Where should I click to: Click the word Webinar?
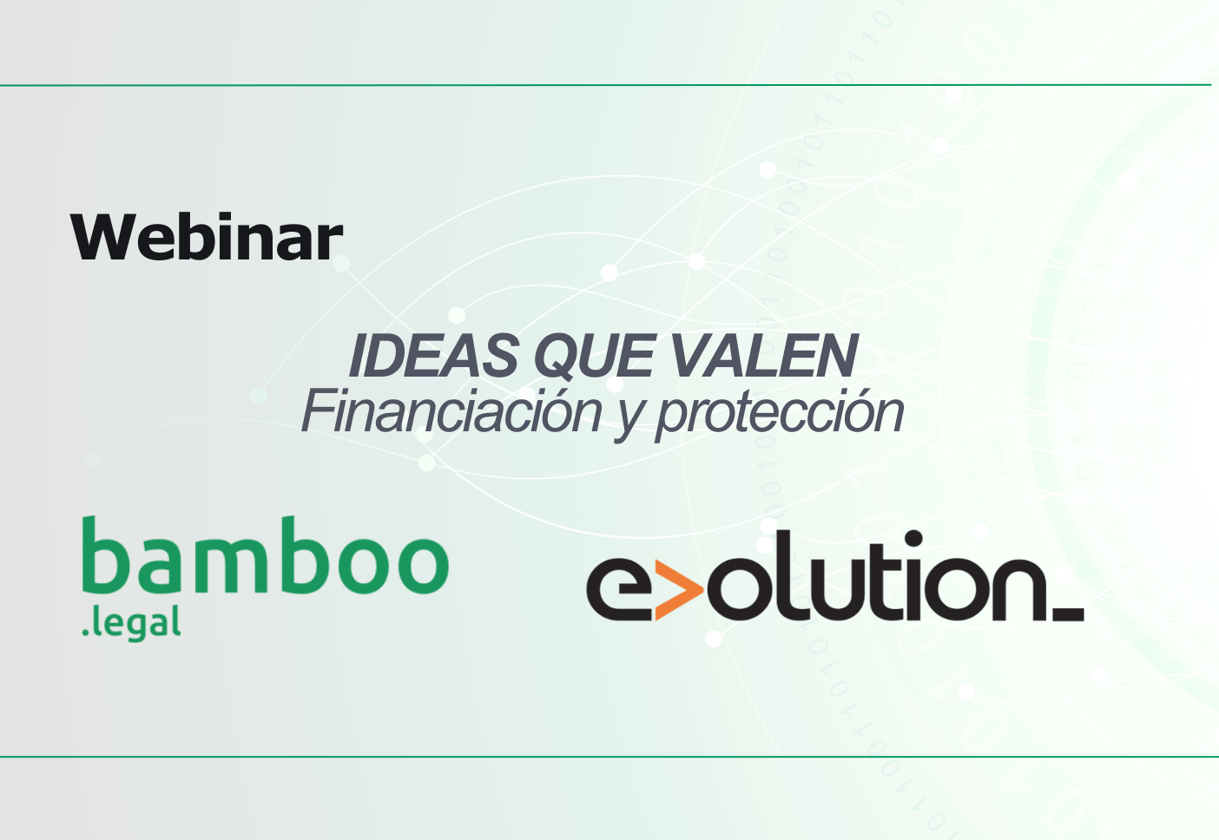click(207, 237)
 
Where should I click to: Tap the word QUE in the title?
click(593, 356)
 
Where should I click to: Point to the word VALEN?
click(763, 356)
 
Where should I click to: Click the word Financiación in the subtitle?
click(451, 411)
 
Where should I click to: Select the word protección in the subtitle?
click(779, 413)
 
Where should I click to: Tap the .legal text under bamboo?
click(131, 623)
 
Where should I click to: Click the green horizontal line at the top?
click(608, 85)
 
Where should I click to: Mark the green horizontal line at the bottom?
click(608, 757)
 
